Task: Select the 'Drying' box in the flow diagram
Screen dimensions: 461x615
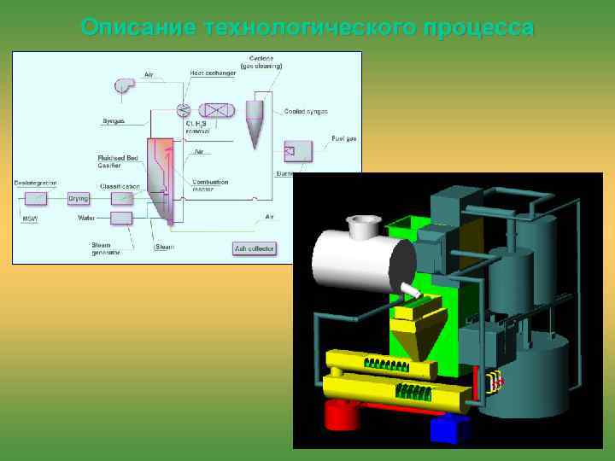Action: (79, 198)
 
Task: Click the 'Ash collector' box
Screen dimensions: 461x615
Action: (254, 249)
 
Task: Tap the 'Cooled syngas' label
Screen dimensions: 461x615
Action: (306, 112)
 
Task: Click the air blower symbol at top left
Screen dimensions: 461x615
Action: (124, 84)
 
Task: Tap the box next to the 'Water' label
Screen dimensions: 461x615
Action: (122, 218)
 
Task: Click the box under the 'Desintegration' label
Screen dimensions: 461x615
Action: (36, 198)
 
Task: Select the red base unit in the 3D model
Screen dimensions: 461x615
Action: (343, 415)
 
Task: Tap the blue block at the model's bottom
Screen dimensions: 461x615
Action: (450, 429)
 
